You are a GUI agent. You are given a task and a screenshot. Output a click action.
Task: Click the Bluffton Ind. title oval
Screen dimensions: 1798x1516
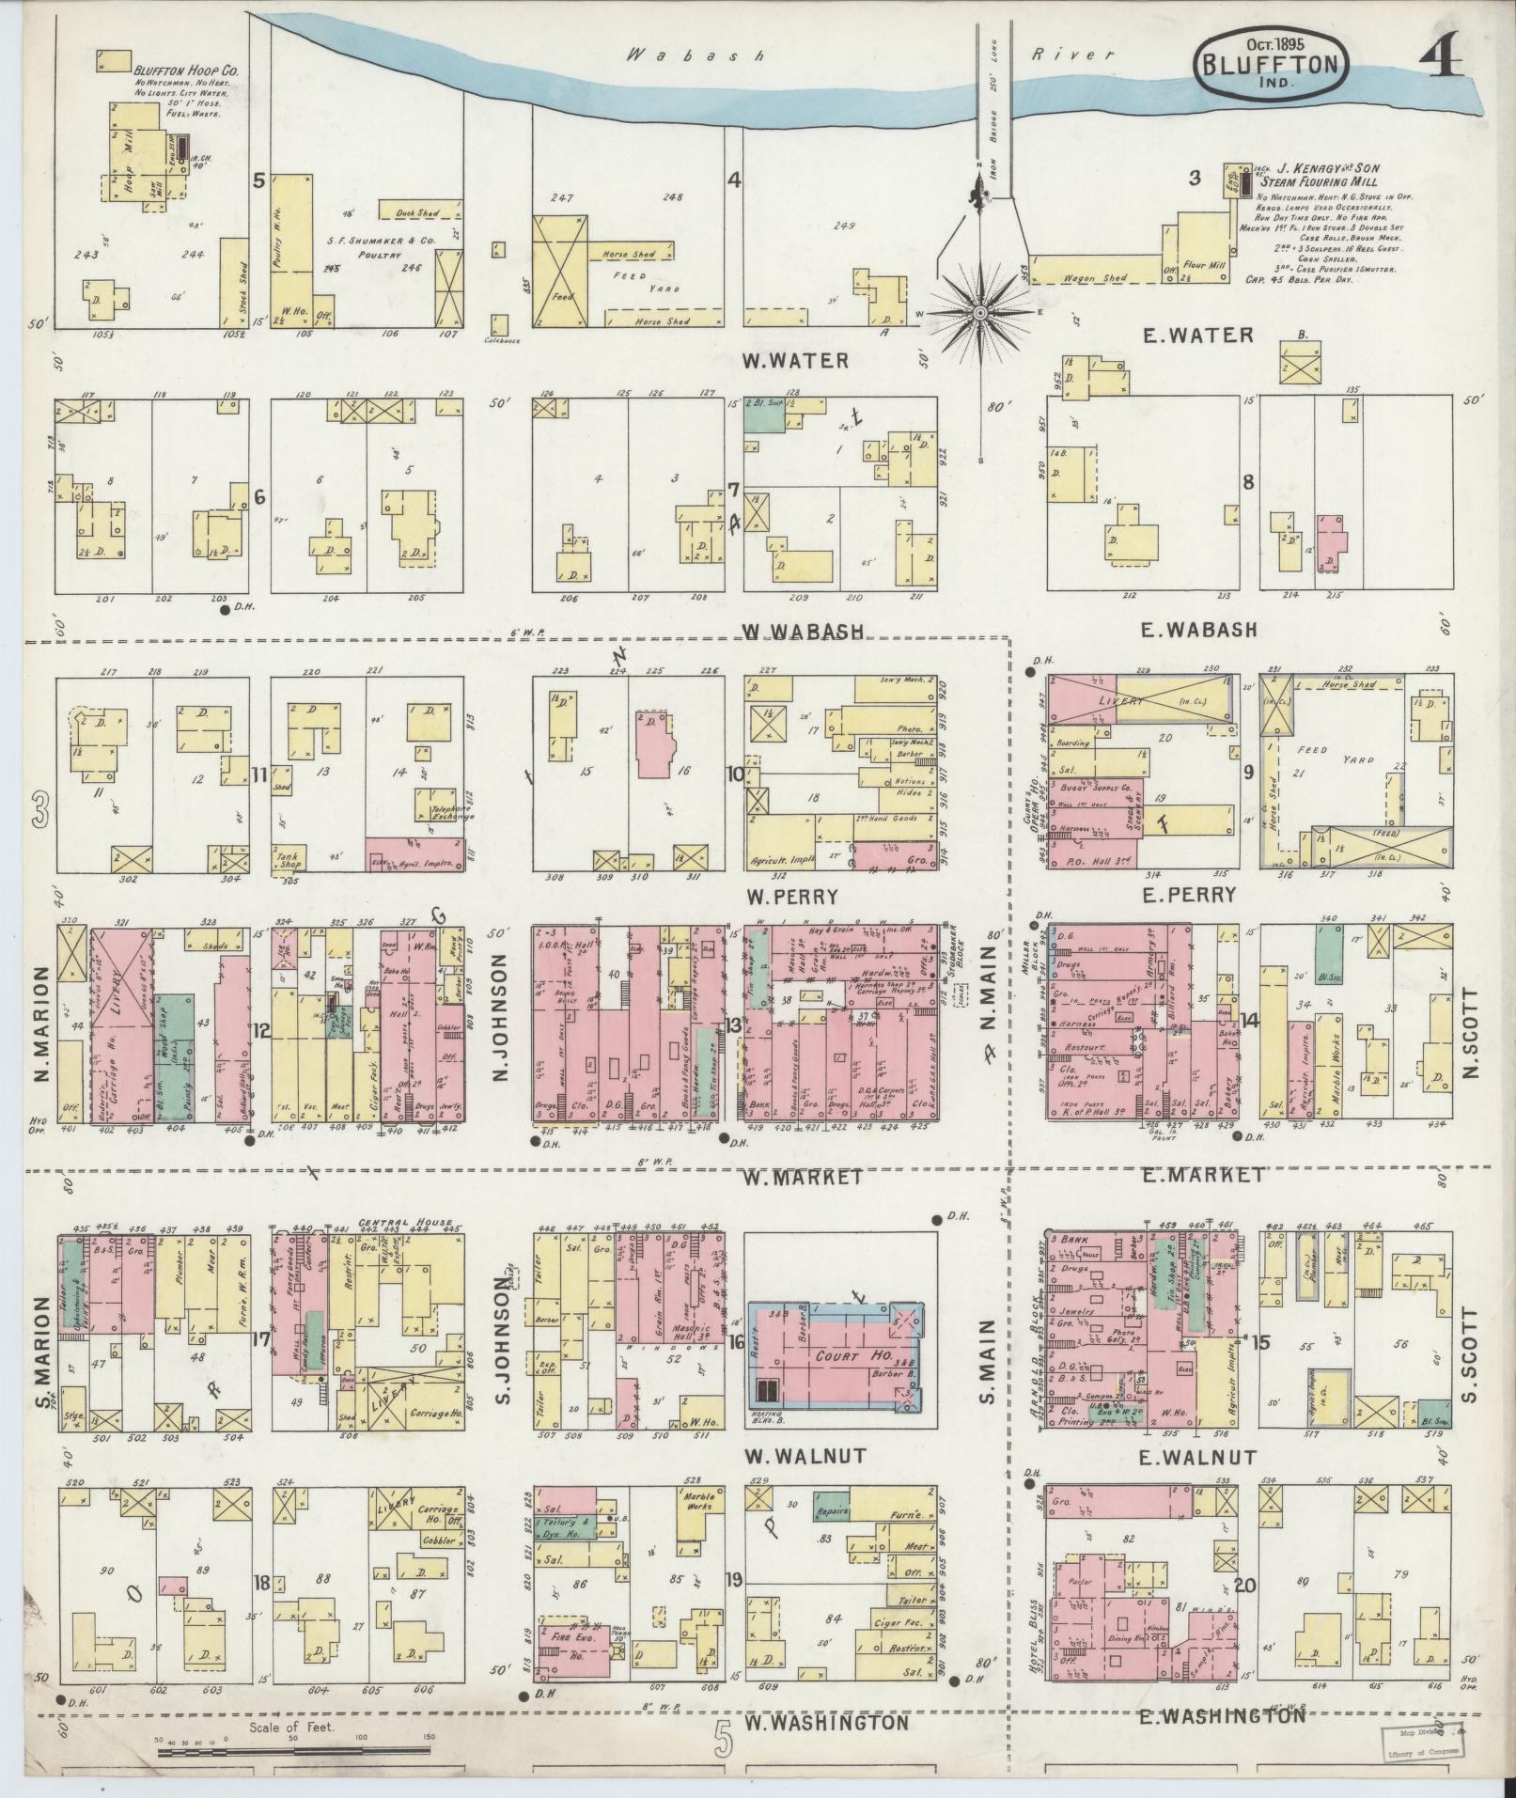coord(1273,64)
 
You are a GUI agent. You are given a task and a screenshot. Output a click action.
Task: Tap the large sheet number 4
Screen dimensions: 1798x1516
coord(1441,58)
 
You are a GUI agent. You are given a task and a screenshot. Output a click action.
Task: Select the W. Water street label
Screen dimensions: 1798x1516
coord(795,361)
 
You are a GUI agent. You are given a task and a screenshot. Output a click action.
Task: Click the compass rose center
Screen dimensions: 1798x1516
coord(980,311)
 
